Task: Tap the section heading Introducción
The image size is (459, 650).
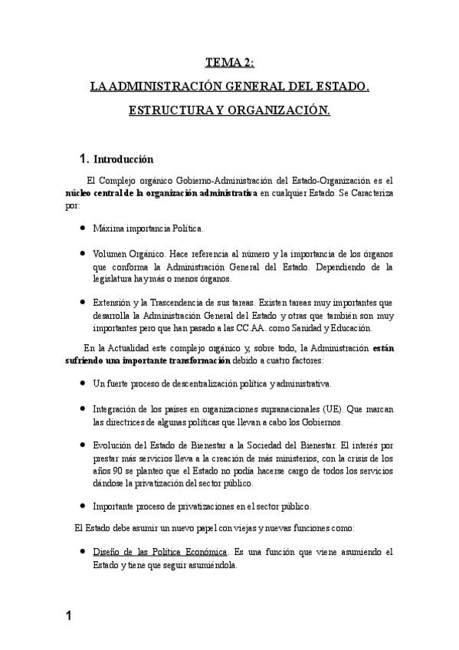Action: click(123, 159)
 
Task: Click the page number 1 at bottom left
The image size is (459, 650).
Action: click(68, 616)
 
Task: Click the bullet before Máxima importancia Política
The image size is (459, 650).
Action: click(82, 228)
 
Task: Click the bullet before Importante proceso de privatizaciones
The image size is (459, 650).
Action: click(82, 506)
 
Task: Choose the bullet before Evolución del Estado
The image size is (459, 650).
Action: click(82, 445)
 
